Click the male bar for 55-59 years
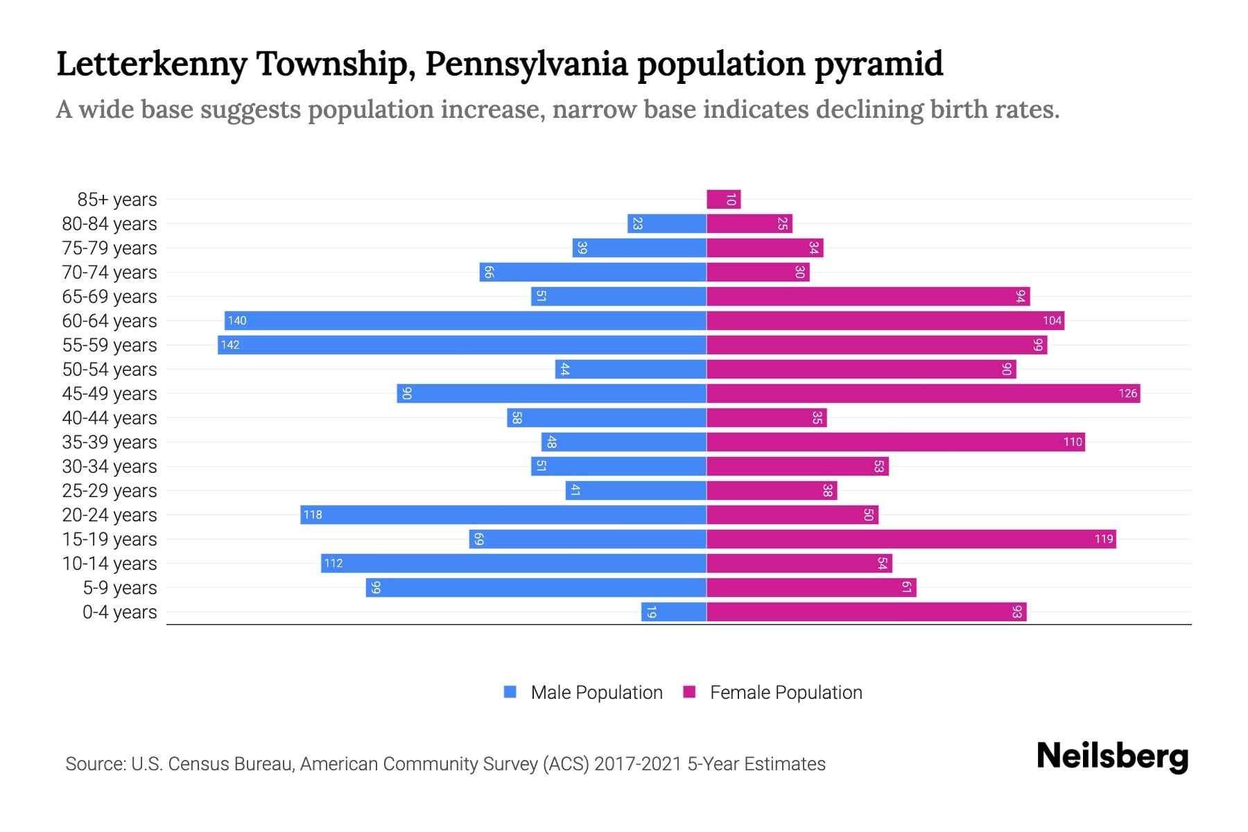[x=462, y=345]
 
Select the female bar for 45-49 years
[x=923, y=393]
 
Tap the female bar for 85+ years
[x=723, y=199]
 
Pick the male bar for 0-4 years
[x=673, y=612]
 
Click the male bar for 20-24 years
[x=503, y=514]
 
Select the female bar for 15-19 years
[x=911, y=539]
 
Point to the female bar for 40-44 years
[x=766, y=417]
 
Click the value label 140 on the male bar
[x=237, y=320]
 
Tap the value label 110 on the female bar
[x=1073, y=442]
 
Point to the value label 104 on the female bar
[x=1052, y=320]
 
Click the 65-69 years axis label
[x=110, y=297]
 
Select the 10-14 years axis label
[x=110, y=564]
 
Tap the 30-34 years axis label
[x=110, y=467]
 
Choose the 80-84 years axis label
[x=110, y=224]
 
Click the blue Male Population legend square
[x=510, y=692]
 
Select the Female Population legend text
[x=786, y=692]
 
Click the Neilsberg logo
[x=1112, y=756]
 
